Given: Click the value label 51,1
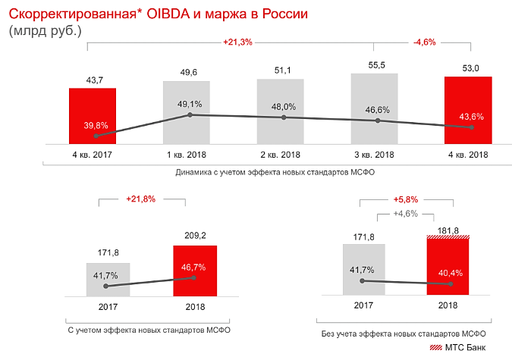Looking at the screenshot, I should coord(282,70).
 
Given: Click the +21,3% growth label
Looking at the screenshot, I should coord(238,42).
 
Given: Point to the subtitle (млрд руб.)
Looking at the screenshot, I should coord(45,31).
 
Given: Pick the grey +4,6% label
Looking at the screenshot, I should coord(406,214).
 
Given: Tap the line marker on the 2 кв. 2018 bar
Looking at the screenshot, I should coord(284,117).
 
